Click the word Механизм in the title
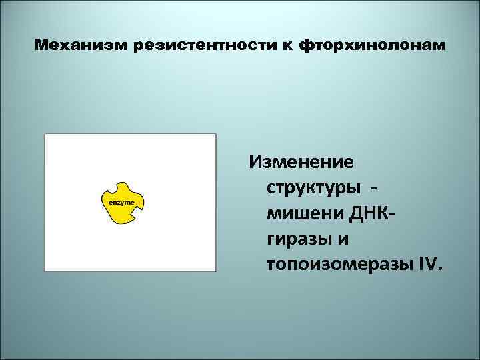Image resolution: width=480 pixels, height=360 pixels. coord(81,47)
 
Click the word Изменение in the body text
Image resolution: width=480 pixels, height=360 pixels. coord(301,162)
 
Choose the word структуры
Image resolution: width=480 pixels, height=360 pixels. coord(311,188)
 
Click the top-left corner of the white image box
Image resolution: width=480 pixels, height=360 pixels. coord(45,134)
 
